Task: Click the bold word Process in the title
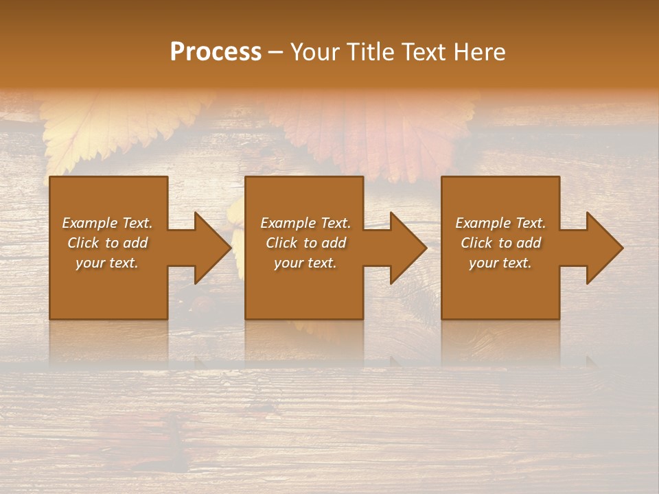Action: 216,52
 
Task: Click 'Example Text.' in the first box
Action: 107,223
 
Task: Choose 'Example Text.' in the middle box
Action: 305,223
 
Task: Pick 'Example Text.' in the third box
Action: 500,223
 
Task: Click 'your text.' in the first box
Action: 107,263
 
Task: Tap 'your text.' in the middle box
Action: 305,263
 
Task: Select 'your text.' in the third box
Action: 500,263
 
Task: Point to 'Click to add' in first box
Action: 107,243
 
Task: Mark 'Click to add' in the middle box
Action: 305,243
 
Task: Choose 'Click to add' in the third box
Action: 500,243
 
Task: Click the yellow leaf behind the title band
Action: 117,127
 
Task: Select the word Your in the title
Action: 315,52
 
